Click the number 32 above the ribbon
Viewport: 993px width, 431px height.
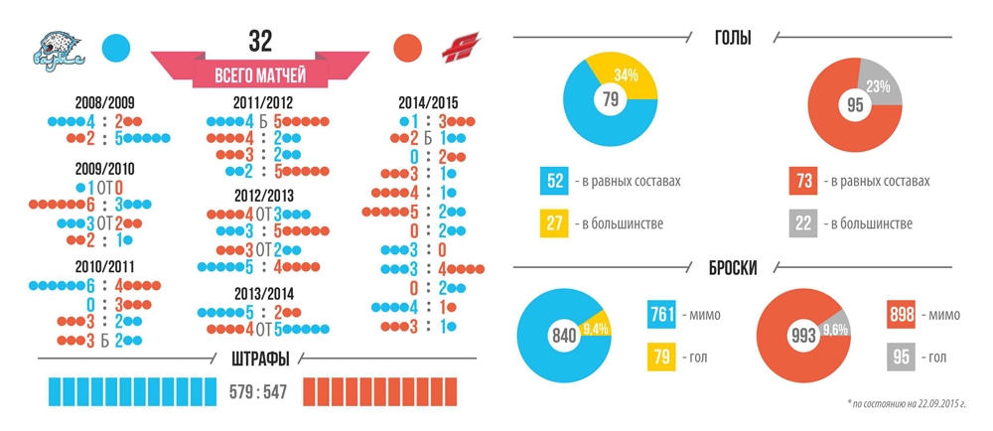click(x=260, y=40)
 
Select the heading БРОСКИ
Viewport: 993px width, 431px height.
click(x=733, y=268)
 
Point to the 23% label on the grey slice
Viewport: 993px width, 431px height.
click(x=877, y=85)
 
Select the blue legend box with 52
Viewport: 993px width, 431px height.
click(x=555, y=182)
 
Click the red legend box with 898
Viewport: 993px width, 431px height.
click(x=901, y=316)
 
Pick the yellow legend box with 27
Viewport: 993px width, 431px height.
click(x=555, y=223)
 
